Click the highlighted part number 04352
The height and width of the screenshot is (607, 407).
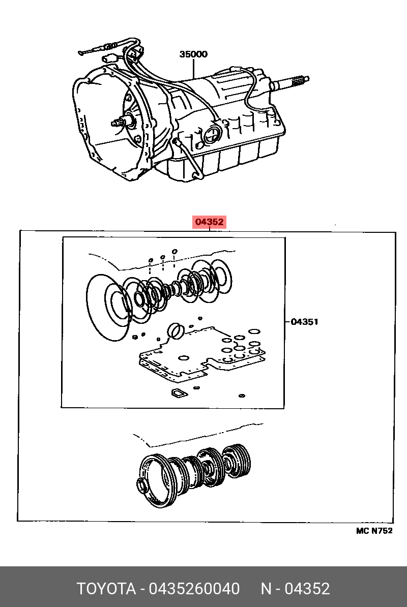point(210,222)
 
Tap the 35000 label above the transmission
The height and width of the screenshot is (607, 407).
point(193,54)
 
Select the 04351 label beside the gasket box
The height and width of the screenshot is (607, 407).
point(304,321)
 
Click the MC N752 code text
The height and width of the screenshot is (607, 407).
point(374,531)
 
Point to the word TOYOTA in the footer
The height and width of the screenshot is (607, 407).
point(106,589)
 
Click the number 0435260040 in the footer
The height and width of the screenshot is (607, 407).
point(194,589)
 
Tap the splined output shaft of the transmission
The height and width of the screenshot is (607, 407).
point(290,82)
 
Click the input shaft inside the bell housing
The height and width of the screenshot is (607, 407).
point(123,123)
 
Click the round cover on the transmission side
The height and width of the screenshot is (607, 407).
point(212,134)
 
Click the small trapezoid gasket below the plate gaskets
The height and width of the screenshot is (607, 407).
point(179,393)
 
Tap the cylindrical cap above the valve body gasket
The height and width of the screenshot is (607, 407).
point(176,331)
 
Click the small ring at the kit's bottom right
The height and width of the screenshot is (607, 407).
point(242,396)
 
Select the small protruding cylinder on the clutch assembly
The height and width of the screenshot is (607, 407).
point(144,486)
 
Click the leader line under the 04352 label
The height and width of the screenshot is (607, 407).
point(210,229)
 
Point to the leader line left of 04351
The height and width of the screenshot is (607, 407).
point(288,321)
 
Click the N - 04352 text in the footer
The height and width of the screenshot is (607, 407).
point(295,589)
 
